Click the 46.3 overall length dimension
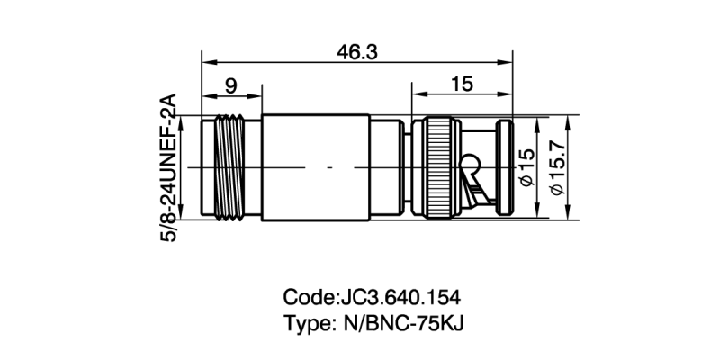tap(356, 52)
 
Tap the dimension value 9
tap(230, 86)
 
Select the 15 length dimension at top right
tap(462, 86)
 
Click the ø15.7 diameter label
tap(555, 168)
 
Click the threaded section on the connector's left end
tap(232, 167)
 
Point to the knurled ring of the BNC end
tap(439, 167)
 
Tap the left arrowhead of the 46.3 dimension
tap(206, 63)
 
